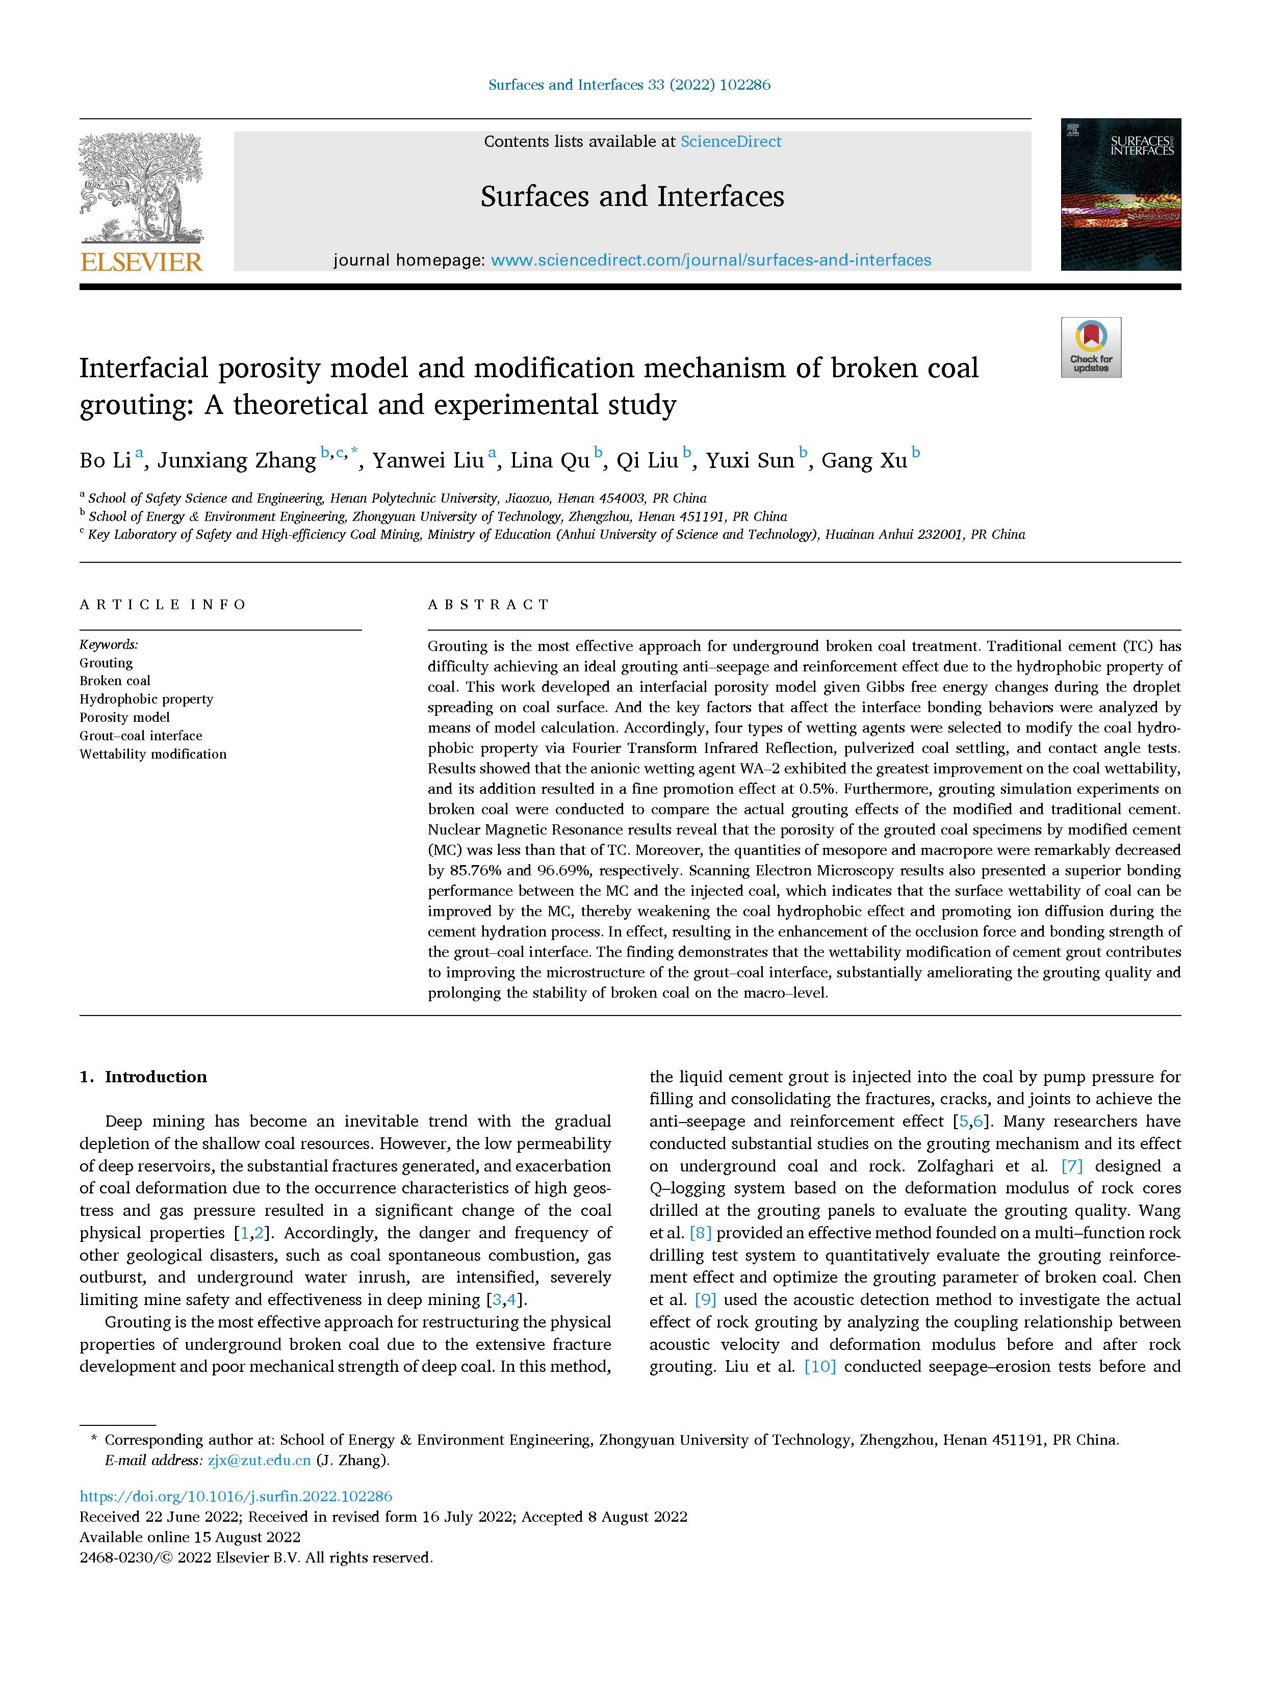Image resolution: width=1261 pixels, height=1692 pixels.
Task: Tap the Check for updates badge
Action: point(1090,347)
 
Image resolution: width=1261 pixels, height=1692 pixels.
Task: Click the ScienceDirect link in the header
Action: point(731,141)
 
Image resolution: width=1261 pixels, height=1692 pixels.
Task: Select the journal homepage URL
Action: point(711,261)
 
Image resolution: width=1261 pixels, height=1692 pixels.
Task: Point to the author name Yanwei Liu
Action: point(428,461)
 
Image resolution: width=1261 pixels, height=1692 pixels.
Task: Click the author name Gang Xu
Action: point(864,461)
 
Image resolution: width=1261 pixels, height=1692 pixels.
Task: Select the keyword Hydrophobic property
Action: point(146,699)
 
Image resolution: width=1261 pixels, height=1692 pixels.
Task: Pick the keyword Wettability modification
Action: point(152,754)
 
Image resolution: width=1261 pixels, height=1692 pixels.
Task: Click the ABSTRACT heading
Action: point(488,605)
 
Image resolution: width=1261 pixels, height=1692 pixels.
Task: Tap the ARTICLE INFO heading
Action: point(163,605)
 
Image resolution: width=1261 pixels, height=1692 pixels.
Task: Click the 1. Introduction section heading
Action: point(143,1077)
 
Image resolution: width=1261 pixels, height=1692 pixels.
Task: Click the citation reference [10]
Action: point(820,1366)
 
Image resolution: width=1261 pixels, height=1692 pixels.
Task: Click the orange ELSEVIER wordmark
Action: point(141,263)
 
